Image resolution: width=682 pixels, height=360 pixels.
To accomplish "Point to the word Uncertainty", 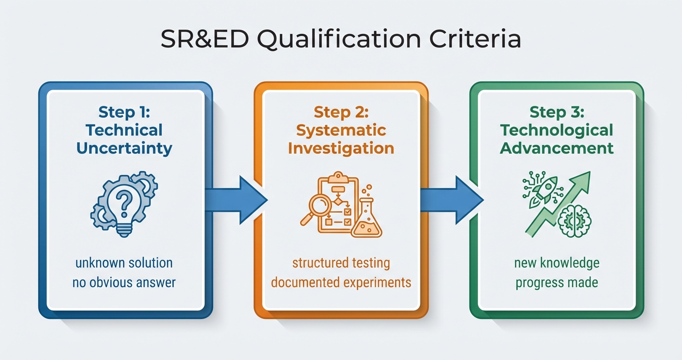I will [125, 148].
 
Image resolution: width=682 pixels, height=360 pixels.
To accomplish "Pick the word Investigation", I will [341, 148].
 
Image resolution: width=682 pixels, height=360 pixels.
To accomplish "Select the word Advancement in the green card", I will [557, 148].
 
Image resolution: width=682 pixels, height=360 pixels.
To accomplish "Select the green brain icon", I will [575, 221].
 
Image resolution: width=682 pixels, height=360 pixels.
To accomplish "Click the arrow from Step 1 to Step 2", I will [235, 200].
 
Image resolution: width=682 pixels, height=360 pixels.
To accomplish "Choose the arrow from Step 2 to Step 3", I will [450, 200].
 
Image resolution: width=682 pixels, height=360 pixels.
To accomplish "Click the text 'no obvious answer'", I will [124, 282].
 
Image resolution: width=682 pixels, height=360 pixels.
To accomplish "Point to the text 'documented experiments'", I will [341, 282].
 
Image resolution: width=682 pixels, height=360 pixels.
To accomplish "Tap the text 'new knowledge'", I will [557, 263].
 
